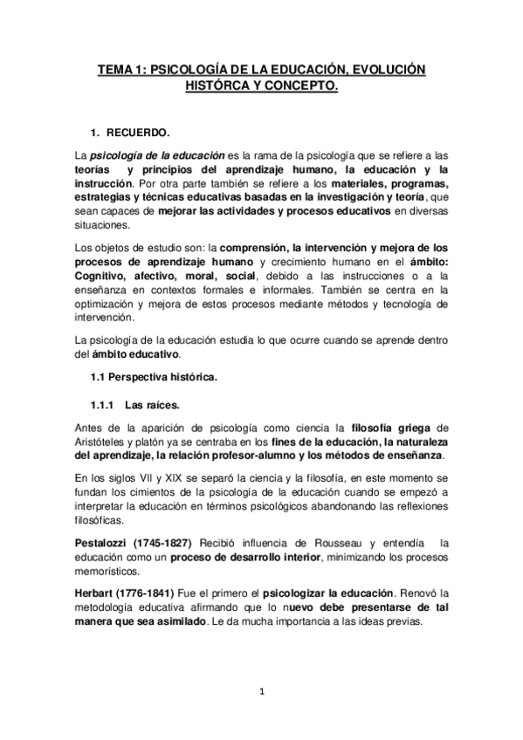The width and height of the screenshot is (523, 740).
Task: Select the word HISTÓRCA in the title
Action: pos(218,86)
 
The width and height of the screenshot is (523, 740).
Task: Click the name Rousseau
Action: pos(345,544)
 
